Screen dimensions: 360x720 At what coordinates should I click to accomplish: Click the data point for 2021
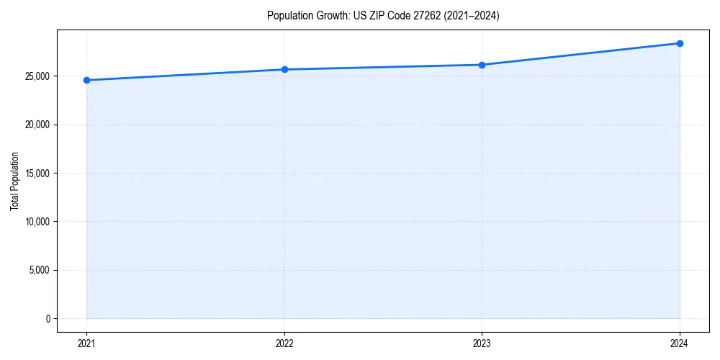click(x=86, y=80)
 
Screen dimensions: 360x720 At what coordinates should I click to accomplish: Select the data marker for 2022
click(x=284, y=69)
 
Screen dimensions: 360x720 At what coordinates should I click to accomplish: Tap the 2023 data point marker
click(x=482, y=65)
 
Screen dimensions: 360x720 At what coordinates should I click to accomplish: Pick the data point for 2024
click(x=680, y=43)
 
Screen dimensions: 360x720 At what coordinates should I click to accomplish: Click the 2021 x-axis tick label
click(x=86, y=343)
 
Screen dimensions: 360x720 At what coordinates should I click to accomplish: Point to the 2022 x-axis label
click(x=284, y=343)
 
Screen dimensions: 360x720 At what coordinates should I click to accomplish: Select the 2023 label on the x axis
click(x=482, y=343)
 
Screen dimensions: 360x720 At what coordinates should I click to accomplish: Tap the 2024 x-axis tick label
click(x=680, y=343)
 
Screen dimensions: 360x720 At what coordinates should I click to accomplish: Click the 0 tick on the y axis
click(x=48, y=319)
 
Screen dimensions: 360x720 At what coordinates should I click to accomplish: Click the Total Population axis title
click(x=14, y=181)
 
